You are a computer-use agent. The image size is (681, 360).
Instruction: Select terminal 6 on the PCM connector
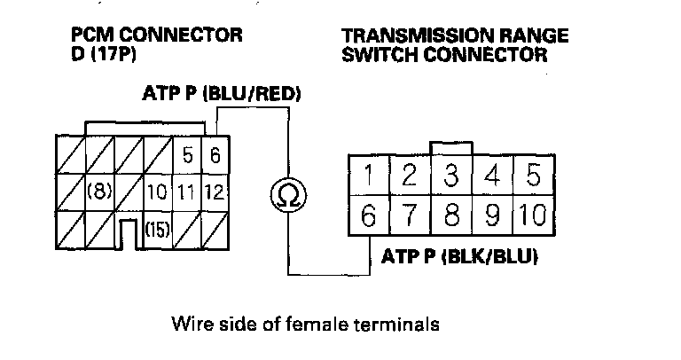point(215,158)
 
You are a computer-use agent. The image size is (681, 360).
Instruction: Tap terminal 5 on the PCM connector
point(187,158)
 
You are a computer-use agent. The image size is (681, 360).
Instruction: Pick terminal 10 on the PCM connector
point(157,192)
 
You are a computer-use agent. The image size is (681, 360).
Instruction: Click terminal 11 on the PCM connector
point(187,192)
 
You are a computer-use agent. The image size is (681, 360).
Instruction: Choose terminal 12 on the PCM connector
point(215,192)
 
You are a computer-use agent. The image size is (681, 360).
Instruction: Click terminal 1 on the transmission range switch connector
point(366,175)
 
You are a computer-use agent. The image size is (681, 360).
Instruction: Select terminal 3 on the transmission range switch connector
point(450,175)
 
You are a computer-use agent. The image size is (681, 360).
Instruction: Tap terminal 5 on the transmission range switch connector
point(532,175)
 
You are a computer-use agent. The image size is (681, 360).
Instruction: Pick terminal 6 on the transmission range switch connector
point(366,215)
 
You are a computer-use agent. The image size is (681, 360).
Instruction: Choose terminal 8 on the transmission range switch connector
point(450,215)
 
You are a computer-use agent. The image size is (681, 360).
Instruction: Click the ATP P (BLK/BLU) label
point(460,258)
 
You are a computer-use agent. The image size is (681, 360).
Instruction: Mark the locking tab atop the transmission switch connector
point(450,146)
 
